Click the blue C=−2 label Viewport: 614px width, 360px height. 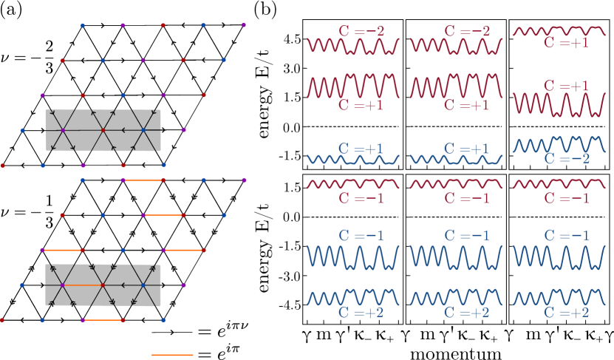click(566, 158)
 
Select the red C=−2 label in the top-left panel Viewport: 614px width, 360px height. click(361, 32)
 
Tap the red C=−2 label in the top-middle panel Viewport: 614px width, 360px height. click(466, 32)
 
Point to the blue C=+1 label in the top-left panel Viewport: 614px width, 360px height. click(361, 149)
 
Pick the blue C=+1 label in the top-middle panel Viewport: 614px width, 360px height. click(466, 149)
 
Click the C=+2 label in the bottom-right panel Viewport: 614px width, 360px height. click(566, 312)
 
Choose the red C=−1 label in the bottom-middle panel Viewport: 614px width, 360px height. click(466, 198)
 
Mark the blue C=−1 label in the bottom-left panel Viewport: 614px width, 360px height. click(361, 235)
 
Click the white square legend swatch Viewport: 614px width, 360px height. click(248, 349)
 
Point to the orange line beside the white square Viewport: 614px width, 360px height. click(172, 355)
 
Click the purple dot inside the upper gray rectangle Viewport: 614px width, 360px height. click(63, 130)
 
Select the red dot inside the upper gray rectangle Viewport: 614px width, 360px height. click(103, 130)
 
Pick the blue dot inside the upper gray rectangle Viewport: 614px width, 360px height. click(143, 130)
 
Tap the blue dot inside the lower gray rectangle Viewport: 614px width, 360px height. click(143, 285)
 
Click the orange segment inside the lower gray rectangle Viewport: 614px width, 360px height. click(83, 285)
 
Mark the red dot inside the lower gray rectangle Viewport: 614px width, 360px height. click(103, 285)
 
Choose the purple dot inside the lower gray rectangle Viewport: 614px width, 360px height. click(63, 285)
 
